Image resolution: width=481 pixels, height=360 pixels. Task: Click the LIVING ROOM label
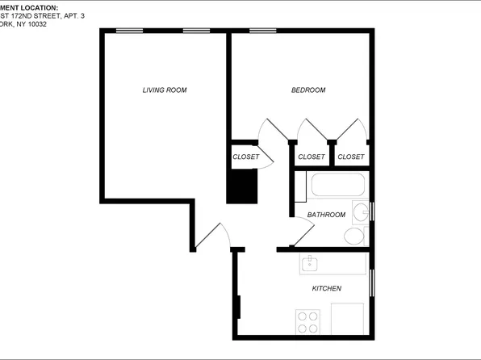[165, 90]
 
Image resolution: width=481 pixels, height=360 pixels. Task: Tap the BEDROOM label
[308, 90]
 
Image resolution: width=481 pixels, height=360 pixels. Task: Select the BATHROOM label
[326, 215]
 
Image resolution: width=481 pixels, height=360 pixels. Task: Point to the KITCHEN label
[326, 288]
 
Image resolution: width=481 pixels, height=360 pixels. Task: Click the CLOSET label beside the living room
[246, 157]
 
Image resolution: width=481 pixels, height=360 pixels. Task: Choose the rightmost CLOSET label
[350, 157]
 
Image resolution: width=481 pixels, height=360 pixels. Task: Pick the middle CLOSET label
[312, 157]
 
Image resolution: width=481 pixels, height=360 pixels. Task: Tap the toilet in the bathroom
[355, 236]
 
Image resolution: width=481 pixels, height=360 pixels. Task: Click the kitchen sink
[311, 263]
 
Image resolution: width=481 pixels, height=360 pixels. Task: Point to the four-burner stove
[307, 321]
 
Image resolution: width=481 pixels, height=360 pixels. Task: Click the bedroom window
[260, 31]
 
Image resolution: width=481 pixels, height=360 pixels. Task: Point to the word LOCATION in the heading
[37, 6]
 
